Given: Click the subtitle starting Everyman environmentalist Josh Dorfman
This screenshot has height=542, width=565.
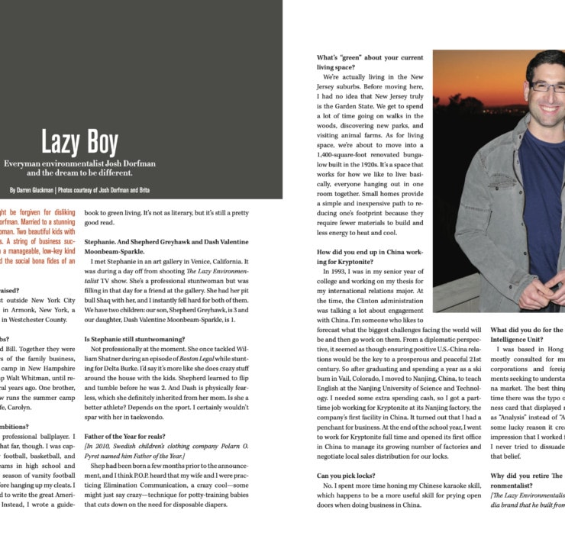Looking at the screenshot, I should [x=79, y=168].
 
